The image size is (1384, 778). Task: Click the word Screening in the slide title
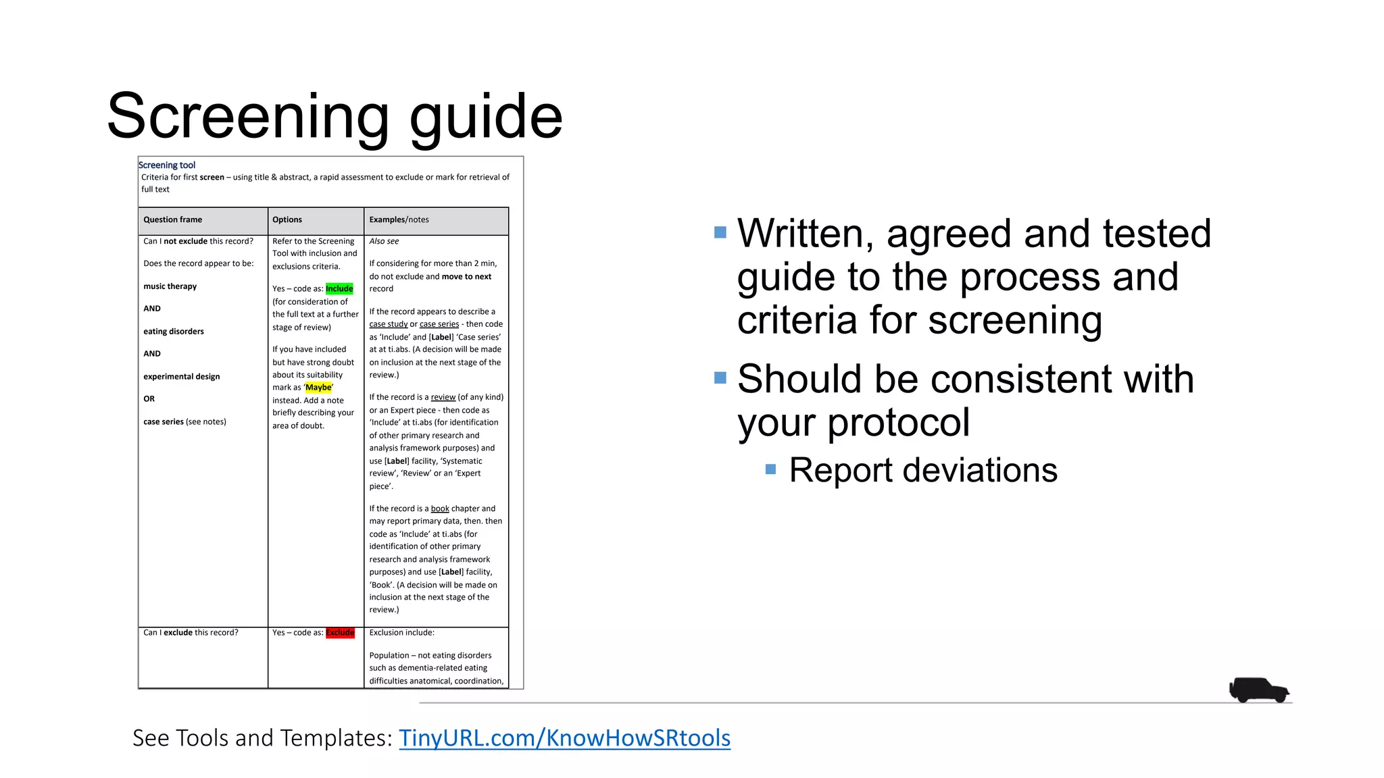tap(247, 116)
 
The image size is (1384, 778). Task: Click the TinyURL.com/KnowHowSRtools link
tap(564, 738)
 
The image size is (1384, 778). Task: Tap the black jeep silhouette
tap(1258, 690)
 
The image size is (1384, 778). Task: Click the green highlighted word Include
tap(339, 289)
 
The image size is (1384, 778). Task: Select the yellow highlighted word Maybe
tap(318, 388)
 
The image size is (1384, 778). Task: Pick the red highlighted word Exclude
tap(340, 633)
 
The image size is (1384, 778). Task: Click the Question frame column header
tap(173, 220)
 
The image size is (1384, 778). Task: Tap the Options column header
tap(287, 220)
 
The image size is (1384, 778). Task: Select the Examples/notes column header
tap(399, 220)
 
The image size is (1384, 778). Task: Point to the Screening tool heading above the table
tap(167, 165)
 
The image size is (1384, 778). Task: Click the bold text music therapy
tap(170, 286)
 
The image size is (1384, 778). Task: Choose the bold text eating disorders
tap(174, 332)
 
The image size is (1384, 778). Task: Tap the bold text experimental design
tap(182, 377)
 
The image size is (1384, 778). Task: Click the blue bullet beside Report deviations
tap(770, 469)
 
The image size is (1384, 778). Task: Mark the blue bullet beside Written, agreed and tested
tap(720, 232)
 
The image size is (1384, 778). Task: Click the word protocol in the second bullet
tap(898, 423)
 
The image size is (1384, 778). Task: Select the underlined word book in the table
tap(440, 509)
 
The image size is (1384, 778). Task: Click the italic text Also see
tap(384, 242)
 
